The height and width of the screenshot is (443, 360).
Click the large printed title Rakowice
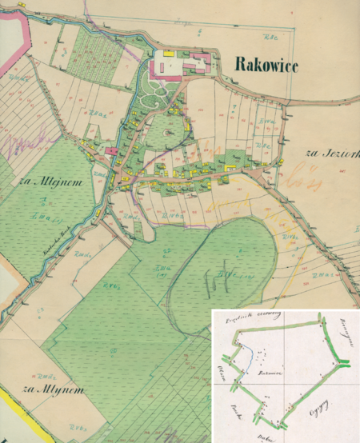pos(266,66)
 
